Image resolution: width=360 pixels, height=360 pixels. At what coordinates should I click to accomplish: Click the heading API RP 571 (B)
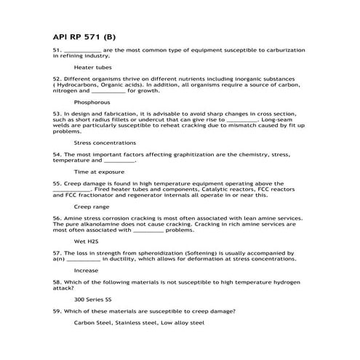point(84,35)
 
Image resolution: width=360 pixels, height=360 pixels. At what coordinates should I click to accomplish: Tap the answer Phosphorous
point(92,103)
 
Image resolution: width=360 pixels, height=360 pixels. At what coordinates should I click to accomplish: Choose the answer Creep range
point(91,207)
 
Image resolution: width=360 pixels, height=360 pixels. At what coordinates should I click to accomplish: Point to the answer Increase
point(86,270)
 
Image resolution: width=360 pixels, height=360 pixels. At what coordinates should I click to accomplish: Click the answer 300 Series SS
point(93,299)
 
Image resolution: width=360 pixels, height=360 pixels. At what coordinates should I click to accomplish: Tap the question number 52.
point(57,79)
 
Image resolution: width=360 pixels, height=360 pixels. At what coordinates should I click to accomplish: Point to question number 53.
point(57,114)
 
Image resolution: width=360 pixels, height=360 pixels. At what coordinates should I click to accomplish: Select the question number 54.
point(57,154)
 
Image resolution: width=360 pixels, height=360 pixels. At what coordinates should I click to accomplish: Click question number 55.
point(57,183)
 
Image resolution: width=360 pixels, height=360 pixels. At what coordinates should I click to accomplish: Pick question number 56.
point(57,217)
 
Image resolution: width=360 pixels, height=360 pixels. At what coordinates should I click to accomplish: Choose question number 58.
point(57,281)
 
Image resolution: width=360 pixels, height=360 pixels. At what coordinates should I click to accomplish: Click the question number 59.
point(57,311)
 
